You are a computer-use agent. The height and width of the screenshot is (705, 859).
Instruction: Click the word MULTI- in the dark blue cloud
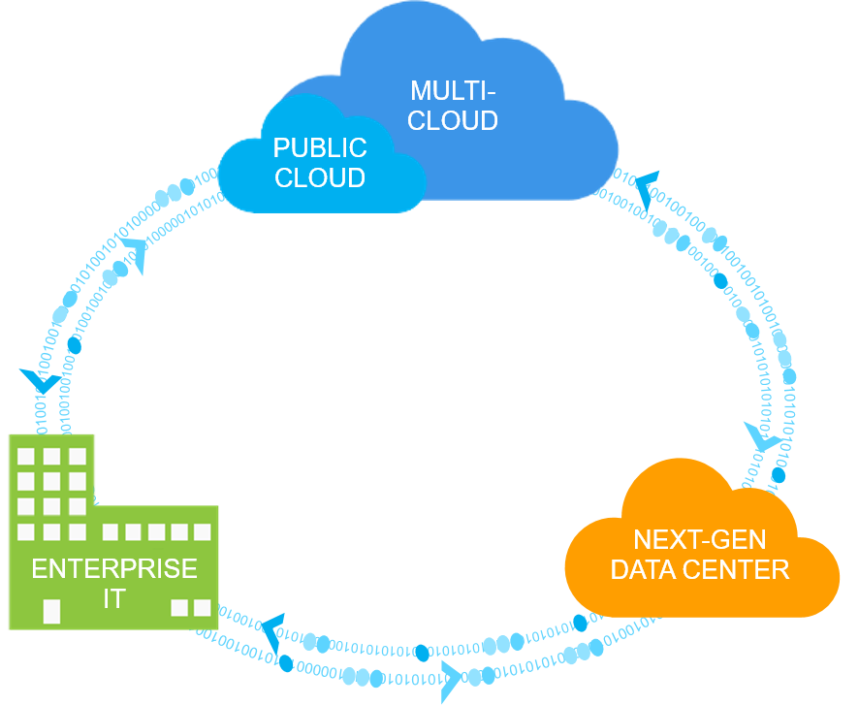[453, 91]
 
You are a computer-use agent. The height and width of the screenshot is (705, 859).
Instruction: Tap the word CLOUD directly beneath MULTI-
[453, 121]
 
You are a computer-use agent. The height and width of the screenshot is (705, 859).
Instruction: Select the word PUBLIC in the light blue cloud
[320, 148]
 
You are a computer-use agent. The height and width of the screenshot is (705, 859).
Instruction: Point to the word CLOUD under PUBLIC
[320, 178]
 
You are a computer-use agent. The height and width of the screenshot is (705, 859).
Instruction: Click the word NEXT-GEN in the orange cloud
[699, 540]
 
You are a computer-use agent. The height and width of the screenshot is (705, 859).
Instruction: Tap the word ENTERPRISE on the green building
[114, 568]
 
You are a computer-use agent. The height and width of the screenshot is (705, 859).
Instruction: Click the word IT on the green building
[114, 599]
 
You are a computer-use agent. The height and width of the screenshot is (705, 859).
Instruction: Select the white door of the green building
[51, 611]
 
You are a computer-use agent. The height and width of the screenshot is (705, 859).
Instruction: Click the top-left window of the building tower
[27, 456]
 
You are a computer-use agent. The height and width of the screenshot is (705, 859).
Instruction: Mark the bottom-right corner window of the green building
[202, 608]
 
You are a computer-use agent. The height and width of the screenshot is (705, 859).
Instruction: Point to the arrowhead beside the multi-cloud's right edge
[646, 187]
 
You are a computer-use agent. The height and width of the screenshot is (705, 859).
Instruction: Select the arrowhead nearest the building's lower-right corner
[271, 627]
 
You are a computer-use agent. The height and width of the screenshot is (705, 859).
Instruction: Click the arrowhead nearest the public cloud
[136, 254]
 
